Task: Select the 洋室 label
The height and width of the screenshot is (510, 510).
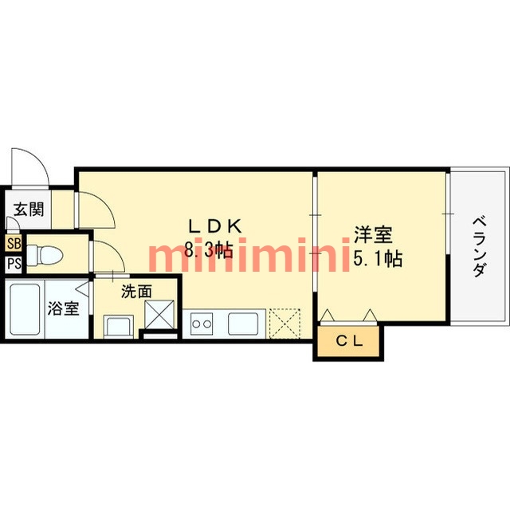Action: click(x=373, y=236)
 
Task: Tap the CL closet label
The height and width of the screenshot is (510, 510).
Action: click(x=348, y=343)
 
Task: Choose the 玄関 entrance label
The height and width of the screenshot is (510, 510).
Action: click(x=28, y=210)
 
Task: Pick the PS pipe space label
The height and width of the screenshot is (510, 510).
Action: click(x=14, y=264)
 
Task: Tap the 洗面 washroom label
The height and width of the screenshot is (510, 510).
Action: click(x=136, y=292)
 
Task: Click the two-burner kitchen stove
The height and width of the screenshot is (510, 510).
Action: click(x=202, y=324)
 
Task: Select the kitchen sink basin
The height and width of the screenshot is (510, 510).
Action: click(x=242, y=324)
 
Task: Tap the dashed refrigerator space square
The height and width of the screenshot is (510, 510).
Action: click(x=283, y=324)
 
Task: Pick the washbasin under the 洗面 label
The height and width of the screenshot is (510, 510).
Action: click(x=119, y=325)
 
